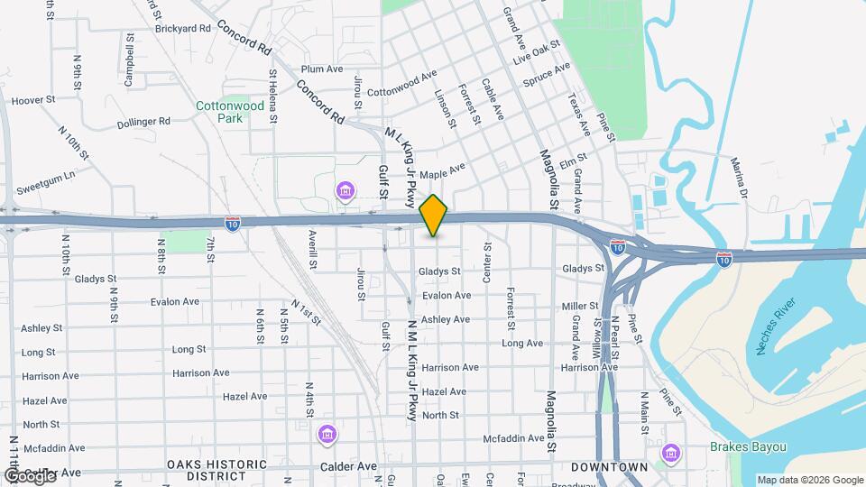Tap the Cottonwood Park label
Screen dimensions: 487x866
click(x=231, y=112)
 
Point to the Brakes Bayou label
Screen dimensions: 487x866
click(x=748, y=447)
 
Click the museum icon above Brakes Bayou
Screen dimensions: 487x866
click(x=670, y=453)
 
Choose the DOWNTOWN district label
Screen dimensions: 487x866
click(x=609, y=466)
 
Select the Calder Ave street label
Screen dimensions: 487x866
click(x=348, y=466)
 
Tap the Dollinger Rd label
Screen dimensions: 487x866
click(x=143, y=121)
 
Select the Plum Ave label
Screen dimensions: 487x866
click(x=322, y=69)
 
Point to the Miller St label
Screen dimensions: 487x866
click(x=580, y=307)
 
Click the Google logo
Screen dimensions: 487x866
click(x=29, y=475)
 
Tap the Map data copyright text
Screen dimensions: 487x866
click(x=809, y=480)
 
